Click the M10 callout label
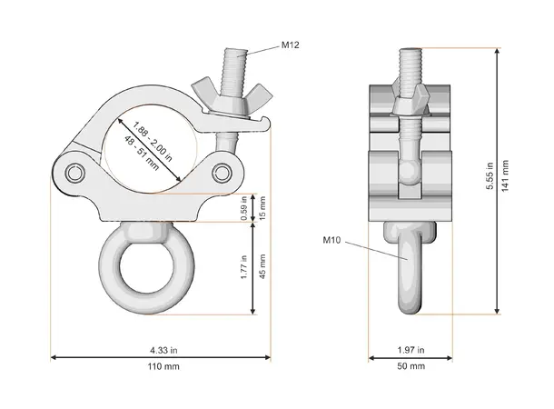tap(332, 241)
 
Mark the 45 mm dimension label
tap(264, 268)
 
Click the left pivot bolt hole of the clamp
tap(73, 172)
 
